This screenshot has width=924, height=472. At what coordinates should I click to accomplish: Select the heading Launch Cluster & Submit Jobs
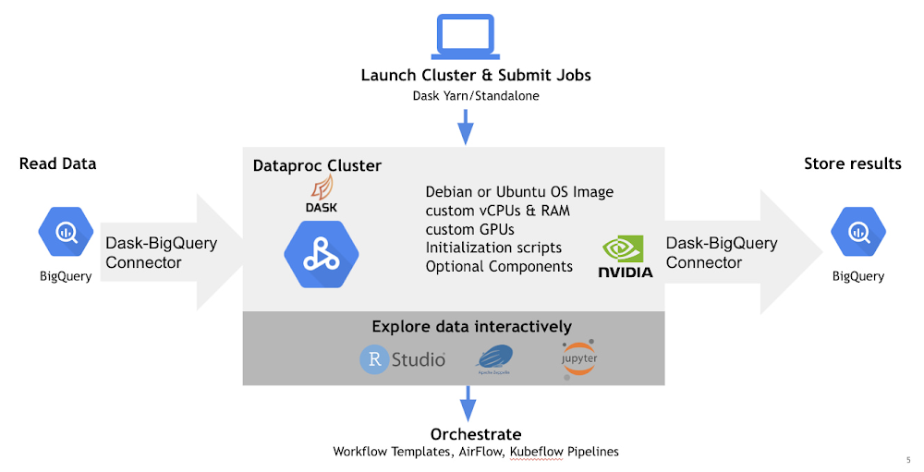point(476,75)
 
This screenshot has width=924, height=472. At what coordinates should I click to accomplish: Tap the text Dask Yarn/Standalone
point(476,95)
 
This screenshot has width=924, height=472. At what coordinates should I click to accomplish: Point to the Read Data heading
point(57,164)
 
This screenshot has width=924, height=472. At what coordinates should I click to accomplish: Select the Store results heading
point(852,164)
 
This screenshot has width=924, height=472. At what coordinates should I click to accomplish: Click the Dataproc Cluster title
point(317,166)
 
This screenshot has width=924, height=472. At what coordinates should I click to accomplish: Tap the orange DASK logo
point(321,196)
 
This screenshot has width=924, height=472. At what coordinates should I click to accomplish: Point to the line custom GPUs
point(469,229)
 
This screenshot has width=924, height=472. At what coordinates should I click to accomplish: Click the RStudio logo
point(403,359)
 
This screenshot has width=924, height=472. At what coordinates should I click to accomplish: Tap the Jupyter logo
point(578,359)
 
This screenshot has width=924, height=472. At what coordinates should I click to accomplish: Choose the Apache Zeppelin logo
point(494,360)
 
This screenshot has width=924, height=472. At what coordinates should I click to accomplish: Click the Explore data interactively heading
point(471,326)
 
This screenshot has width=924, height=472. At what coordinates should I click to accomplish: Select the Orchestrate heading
point(476,434)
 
